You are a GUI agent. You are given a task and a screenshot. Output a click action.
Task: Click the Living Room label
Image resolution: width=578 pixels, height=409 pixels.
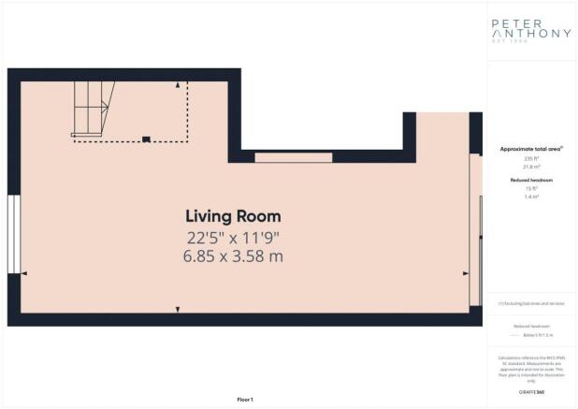tap(232, 216)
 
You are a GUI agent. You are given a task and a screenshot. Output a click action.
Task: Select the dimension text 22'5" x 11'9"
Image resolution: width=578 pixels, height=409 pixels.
tap(232, 237)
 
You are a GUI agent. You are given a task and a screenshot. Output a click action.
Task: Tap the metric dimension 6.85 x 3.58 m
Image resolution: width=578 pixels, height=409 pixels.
tap(232, 256)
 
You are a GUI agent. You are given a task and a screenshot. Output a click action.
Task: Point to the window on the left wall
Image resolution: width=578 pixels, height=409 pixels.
tap(13, 235)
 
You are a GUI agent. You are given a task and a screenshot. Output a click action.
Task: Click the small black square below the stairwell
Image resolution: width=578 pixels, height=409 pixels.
tap(145, 140)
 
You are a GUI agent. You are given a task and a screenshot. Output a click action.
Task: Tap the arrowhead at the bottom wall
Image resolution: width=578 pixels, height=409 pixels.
tap(178, 309)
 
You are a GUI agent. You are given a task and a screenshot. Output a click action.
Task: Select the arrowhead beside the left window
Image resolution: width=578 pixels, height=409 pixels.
tap(24, 273)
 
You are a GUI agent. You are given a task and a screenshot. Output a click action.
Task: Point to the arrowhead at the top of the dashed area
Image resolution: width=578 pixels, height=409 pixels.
tap(178, 85)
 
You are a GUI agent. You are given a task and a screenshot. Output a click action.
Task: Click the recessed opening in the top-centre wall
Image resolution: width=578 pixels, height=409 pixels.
tap(293, 157)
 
